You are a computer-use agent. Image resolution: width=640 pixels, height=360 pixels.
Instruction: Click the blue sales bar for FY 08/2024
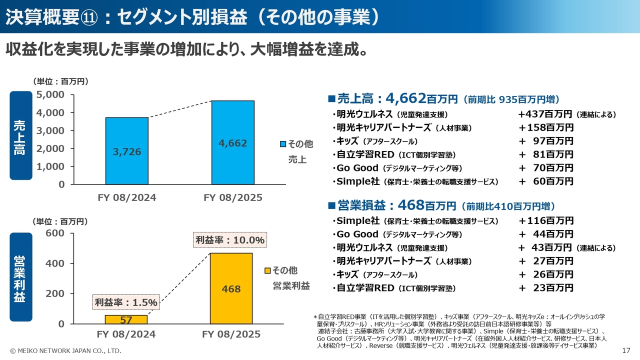[x=126, y=150]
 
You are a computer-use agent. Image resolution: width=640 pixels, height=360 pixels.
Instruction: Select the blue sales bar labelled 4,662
[x=232, y=142]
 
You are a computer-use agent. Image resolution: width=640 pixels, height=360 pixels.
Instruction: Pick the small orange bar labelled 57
[x=126, y=319]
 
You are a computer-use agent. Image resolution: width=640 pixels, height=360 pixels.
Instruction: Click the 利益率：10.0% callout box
[x=229, y=240]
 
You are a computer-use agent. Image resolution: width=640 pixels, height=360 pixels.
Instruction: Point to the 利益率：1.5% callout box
[x=126, y=302]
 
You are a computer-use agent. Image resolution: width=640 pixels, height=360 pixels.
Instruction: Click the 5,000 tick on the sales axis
[x=50, y=94]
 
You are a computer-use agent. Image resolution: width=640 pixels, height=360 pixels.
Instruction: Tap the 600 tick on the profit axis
[x=55, y=233]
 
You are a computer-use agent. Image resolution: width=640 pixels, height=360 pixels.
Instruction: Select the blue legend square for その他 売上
[x=282, y=144]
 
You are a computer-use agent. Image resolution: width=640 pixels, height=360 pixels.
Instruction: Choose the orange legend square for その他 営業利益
[x=267, y=271]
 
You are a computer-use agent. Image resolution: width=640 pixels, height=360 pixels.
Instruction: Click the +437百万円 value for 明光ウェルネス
[x=546, y=114]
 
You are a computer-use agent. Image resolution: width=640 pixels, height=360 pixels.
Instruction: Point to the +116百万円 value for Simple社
[x=546, y=220]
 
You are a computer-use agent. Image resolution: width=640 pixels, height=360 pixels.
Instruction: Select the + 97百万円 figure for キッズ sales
[x=546, y=141]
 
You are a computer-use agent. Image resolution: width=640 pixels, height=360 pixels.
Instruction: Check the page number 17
[x=626, y=350]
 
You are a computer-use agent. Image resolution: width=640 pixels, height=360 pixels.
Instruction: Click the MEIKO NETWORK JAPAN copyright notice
[x=65, y=351]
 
